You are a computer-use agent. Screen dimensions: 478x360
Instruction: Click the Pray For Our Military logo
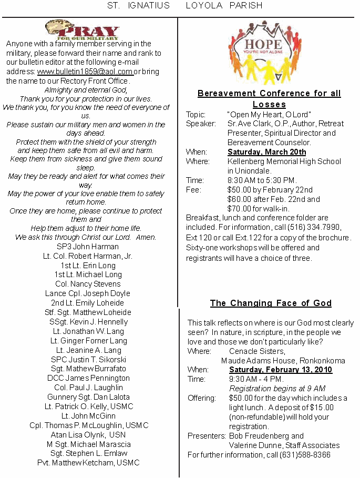click(82, 30)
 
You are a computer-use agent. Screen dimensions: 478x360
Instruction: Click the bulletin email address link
click(85, 72)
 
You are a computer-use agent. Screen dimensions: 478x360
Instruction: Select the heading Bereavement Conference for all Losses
click(269, 99)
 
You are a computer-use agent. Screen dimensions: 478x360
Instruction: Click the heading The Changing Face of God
click(271, 303)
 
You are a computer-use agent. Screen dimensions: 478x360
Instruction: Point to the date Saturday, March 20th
click(267, 152)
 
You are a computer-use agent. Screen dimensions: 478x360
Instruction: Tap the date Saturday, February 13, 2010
click(281, 370)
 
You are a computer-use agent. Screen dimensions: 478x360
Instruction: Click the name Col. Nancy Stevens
click(88, 284)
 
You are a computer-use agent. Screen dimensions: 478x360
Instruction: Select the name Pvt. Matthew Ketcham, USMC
click(88, 463)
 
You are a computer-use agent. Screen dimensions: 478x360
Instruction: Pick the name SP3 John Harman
click(88, 247)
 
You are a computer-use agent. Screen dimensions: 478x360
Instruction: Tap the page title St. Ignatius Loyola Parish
click(184, 6)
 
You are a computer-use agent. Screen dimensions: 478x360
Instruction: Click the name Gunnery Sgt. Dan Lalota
click(88, 397)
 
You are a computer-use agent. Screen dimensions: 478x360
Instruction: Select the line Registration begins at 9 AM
click(277, 389)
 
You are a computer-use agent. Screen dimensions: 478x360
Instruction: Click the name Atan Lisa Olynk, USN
click(88, 435)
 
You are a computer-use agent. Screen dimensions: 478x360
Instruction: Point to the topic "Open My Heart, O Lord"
click(269, 114)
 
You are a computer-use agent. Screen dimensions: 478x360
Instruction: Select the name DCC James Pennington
click(88, 378)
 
